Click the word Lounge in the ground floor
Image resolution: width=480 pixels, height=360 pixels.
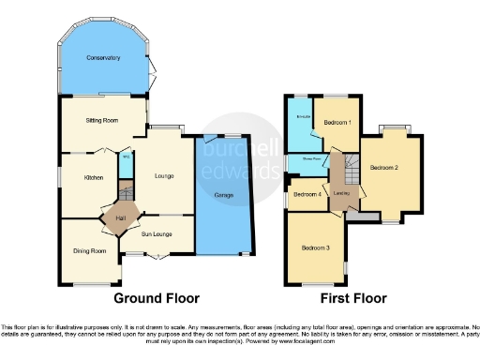pos(164,176)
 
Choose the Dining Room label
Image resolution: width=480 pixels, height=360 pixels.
pos(90,251)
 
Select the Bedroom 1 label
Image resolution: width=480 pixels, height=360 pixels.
pos(337,124)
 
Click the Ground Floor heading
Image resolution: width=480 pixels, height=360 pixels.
pos(157,298)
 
